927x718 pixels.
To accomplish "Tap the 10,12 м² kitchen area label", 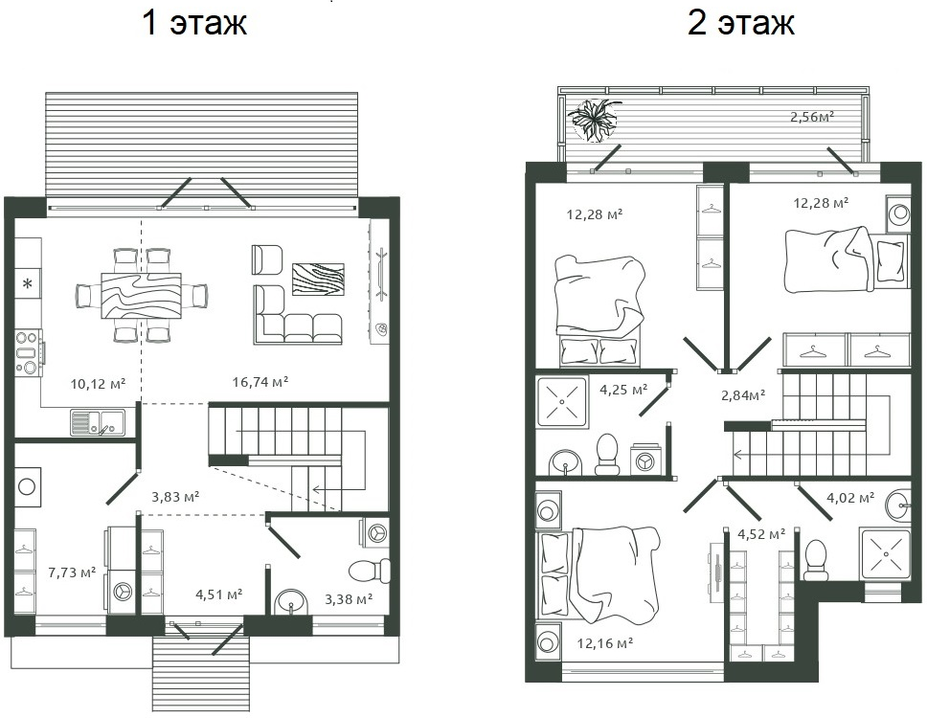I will (99, 384).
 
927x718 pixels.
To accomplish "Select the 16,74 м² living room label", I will (260, 381).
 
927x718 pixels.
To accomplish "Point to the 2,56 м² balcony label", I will (811, 117).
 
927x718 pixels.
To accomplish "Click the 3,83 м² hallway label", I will (175, 496).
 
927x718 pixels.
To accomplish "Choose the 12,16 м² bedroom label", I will (604, 642).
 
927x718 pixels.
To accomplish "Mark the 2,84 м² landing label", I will (742, 394).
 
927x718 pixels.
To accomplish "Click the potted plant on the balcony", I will (595, 120).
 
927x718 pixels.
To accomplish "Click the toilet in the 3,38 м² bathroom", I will (369, 572).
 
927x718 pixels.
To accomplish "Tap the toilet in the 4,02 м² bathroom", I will (816, 559).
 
